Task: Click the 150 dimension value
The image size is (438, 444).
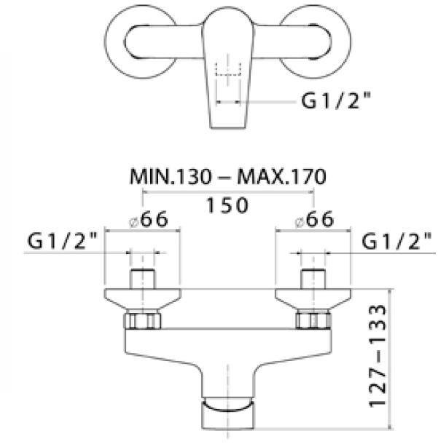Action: [x=227, y=205]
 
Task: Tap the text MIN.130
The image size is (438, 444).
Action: [x=171, y=177]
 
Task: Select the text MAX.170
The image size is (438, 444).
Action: [x=281, y=177]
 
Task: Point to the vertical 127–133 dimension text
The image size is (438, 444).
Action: [x=378, y=356]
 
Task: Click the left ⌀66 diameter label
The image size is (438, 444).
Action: [x=149, y=220]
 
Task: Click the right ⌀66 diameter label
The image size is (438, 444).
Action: [x=314, y=220]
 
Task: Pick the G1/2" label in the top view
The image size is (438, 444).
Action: [x=336, y=100]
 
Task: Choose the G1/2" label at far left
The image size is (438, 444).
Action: [x=62, y=241]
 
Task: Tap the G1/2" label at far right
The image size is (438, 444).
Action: [x=396, y=242]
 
